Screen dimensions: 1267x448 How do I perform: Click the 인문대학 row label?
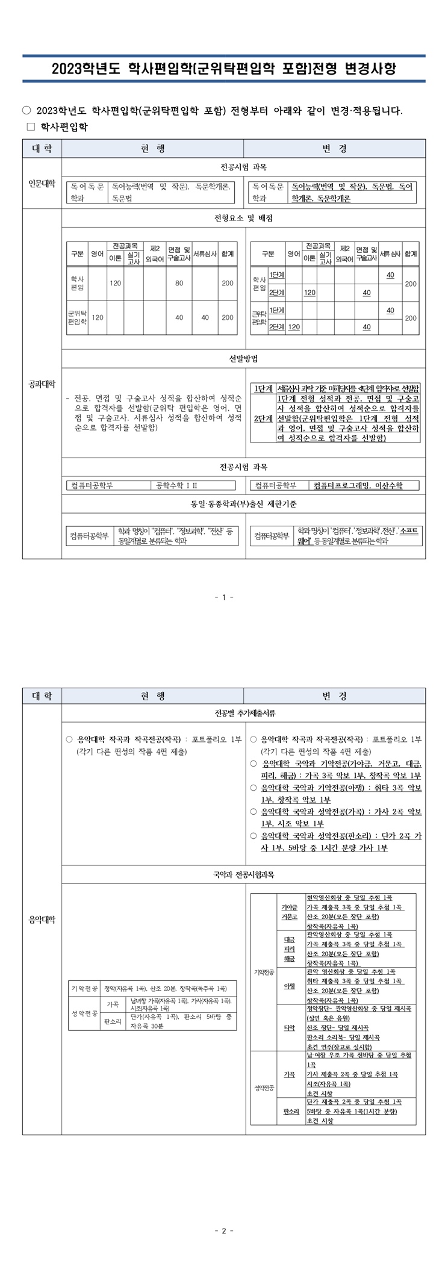[42, 184]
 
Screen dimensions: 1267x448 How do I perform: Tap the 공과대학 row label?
[42, 384]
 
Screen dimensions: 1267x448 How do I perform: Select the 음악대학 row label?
[42, 919]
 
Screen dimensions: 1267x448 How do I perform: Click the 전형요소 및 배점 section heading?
[243, 218]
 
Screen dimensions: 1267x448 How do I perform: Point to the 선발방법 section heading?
[243, 358]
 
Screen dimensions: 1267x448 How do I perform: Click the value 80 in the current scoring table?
[179, 283]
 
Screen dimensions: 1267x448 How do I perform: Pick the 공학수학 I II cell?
[176, 485]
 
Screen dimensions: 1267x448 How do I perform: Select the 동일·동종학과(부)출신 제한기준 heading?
[243, 503]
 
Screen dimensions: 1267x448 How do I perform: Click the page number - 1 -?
[223, 597]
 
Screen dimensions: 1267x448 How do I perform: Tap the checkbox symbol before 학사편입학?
[31, 127]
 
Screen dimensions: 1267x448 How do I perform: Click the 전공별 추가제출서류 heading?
[243, 713]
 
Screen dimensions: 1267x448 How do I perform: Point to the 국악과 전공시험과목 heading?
[243, 874]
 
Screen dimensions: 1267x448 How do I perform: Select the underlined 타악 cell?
[289, 1027]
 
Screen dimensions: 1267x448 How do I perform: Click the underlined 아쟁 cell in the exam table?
[289, 986]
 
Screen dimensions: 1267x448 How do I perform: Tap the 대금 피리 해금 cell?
[289, 948]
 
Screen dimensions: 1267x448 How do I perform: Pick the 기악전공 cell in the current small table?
[84, 989]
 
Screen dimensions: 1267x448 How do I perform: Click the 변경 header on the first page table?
[335, 149]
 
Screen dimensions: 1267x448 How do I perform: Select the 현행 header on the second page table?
[153, 696]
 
